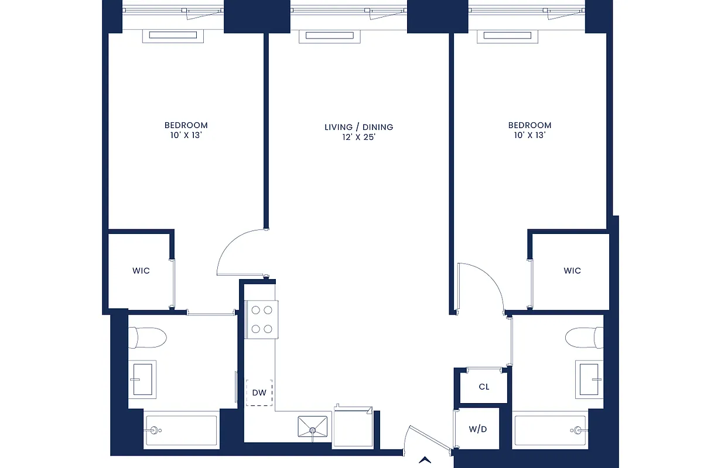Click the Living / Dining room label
358,127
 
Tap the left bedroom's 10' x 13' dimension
186,135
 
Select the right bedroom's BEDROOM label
529,125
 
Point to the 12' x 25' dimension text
358,137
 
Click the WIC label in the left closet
141,271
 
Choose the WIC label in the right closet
572,271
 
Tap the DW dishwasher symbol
259,393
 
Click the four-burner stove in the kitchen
262,319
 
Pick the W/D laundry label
478,429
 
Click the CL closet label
484,387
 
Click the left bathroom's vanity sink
142,379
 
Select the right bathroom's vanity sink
589,379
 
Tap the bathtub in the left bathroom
180,431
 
